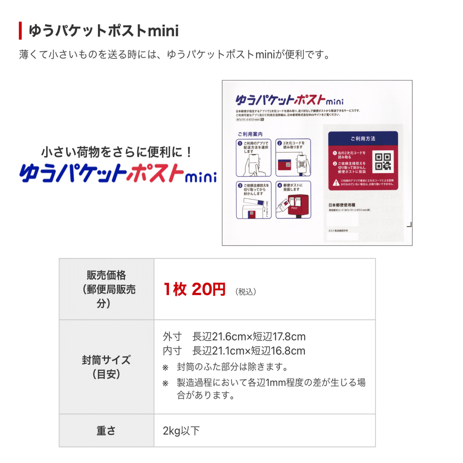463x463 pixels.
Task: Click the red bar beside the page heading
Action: click(20, 31)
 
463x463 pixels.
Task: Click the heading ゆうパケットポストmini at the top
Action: click(104, 31)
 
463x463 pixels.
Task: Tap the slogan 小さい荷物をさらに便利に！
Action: click(117, 152)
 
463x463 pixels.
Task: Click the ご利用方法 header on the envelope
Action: click(363, 139)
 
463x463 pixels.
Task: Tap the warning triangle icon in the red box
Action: click(336, 182)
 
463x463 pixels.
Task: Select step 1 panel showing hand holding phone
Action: click(254, 158)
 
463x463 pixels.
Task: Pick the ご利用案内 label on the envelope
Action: click(250, 134)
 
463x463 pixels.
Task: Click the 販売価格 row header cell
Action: click(106, 289)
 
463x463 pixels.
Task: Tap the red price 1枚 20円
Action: click(194, 289)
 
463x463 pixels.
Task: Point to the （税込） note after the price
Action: click(246, 292)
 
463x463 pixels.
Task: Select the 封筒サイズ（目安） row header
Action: click(106, 367)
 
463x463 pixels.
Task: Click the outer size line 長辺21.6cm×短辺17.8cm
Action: click(249, 337)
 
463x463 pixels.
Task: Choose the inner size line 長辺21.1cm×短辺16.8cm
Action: click(249, 351)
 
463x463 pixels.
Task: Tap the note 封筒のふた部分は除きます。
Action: click(233, 367)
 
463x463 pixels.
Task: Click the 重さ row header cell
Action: click(106, 431)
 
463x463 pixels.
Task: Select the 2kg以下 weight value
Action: click(181, 431)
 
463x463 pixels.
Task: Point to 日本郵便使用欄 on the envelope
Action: click(342, 205)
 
